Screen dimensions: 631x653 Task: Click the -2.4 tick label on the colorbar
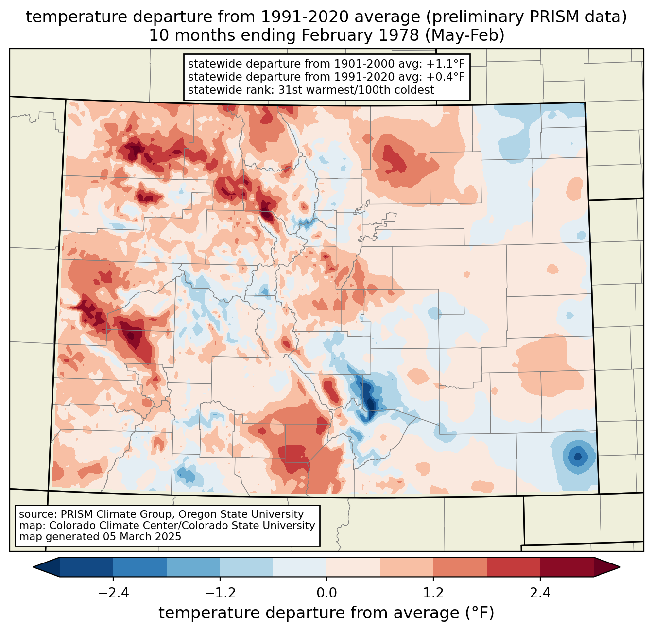(x=113, y=593)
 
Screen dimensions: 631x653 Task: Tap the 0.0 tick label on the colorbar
(x=326, y=593)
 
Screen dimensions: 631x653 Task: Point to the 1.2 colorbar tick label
(x=433, y=593)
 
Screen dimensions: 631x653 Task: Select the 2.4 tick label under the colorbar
(x=540, y=593)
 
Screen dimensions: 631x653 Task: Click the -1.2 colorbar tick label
(x=220, y=593)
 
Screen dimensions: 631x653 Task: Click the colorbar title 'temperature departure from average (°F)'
(x=326, y=613)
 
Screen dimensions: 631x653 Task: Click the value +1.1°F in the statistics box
(x=446, y=64)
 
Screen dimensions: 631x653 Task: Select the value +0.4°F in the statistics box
(x=446, y=77)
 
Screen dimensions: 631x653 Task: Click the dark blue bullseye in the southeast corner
(x=578, y=457)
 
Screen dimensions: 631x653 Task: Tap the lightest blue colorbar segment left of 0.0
(x=300, y=567)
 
